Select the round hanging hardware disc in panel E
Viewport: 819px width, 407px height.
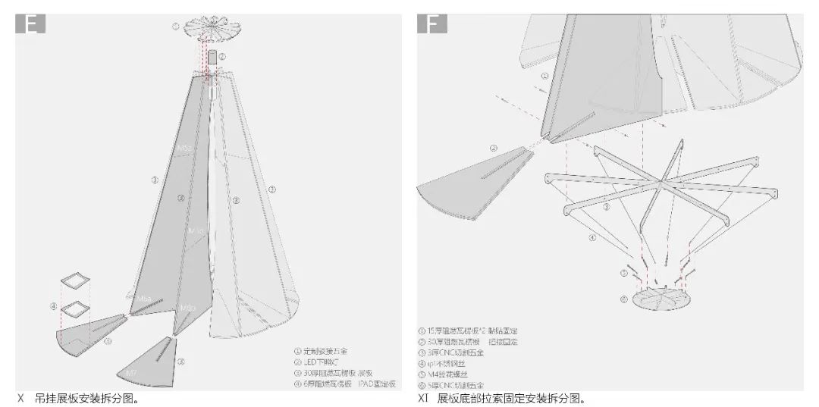point(209,25)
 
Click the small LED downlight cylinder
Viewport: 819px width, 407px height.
point(212,58)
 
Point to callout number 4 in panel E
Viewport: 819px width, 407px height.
point(54,306)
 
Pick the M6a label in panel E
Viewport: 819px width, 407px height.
point(187,307)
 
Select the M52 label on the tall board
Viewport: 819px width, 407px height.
point(184,148)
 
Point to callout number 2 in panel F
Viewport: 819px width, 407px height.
point(494,149)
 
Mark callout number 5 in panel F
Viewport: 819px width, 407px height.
point(624,272)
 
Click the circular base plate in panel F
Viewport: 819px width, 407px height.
point(661,298)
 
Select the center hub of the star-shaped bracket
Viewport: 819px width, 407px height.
point(661,183)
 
